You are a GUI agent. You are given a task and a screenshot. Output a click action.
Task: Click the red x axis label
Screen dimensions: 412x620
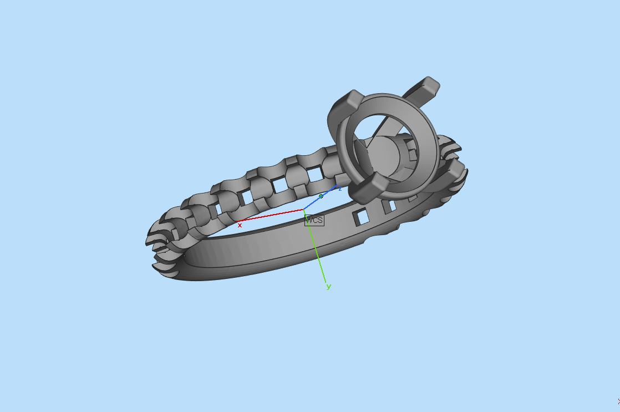pos(240,225)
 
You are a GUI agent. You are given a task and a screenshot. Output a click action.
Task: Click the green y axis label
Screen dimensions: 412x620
pos(328,287)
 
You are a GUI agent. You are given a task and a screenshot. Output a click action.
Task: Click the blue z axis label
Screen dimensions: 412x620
pos(339,189)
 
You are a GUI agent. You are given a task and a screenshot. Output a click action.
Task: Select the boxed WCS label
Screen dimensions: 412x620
pos(314,220)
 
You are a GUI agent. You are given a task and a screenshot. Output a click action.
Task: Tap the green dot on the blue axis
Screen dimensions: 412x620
pos(321,196)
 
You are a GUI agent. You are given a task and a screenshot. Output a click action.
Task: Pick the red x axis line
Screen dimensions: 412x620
pos(272,216)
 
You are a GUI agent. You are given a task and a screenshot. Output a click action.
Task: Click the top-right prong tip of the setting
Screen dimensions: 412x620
pos(428,85)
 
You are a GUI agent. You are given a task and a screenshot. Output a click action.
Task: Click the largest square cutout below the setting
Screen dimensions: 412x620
pos(362,216)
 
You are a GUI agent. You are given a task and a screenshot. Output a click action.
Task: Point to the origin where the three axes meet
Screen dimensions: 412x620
pos(304,210)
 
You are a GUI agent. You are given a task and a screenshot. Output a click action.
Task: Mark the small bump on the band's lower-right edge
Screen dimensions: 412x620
pos(426,213)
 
